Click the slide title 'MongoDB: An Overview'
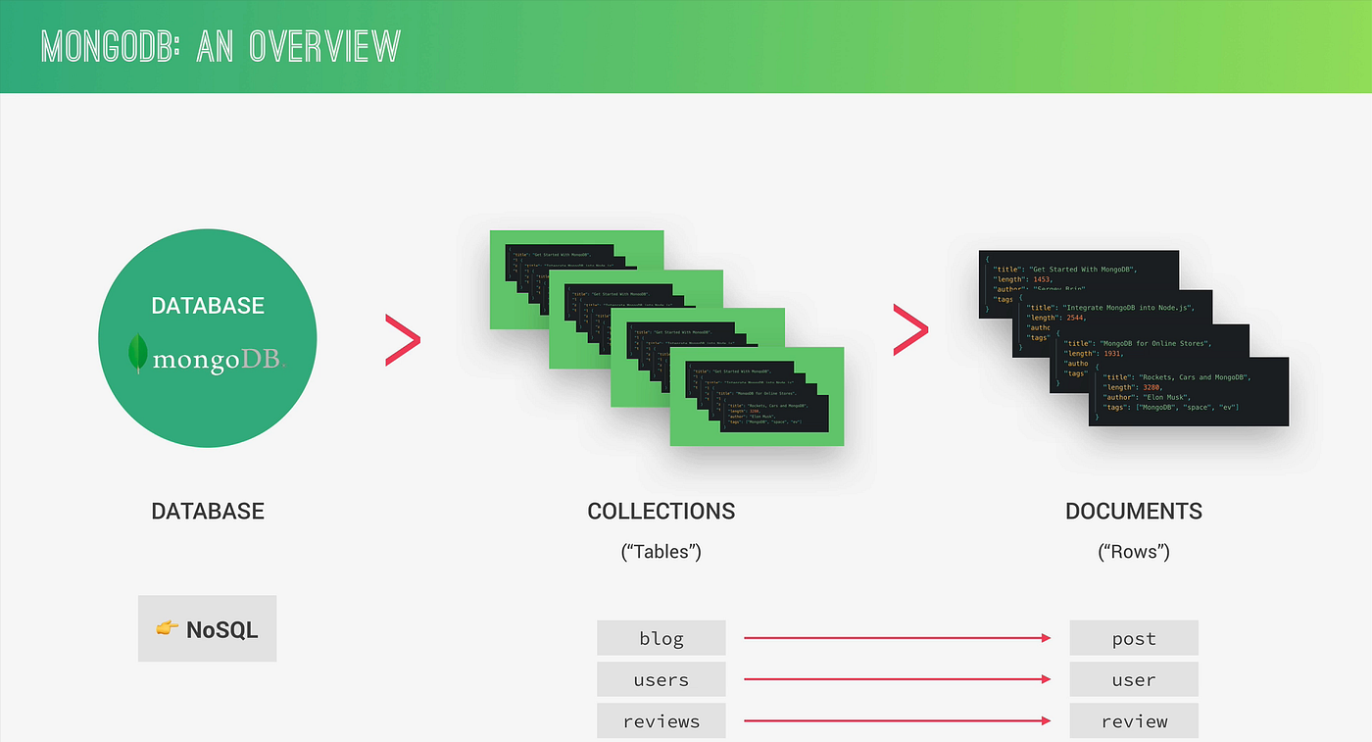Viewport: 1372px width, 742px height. pyautogui.click(x=220, y=46)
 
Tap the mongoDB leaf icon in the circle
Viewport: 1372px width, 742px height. pyautogui.click(x=138, y=354)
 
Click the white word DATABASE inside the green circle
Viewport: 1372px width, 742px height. pyautogui.click(x=208, y=306)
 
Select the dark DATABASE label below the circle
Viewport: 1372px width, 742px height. pyautogui.click(x=208, y=511)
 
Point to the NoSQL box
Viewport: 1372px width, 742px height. pyautogui.click(x=207, y=628)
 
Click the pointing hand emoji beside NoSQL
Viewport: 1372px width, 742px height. pyautogui.click(x=167, y=628)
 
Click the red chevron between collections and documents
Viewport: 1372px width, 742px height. pyautogui.click(x=909, y=329)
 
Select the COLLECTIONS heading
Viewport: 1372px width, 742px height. pyautogui.click(x=661, y=511)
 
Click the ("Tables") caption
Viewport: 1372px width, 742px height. pyautogui.click(x=661, y=551)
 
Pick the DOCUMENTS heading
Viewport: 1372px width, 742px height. pyautogui.click(x=1134, y=511)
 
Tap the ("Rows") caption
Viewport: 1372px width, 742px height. pyautogui.click(x=1134, y=551)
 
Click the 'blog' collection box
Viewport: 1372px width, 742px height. pyautogui.click(x=661, y=638)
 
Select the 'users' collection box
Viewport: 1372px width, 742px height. pyautogui.click(x=661, y=679)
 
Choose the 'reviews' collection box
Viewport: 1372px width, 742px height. pyautogui.click(x=661, y=721)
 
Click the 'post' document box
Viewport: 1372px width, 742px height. pyautogui.click(x=1134, y=638)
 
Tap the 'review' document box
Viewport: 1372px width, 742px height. pyautogui.click(x=1134, y=721)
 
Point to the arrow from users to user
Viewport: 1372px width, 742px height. pyautogui.click(x=897, y=679)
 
